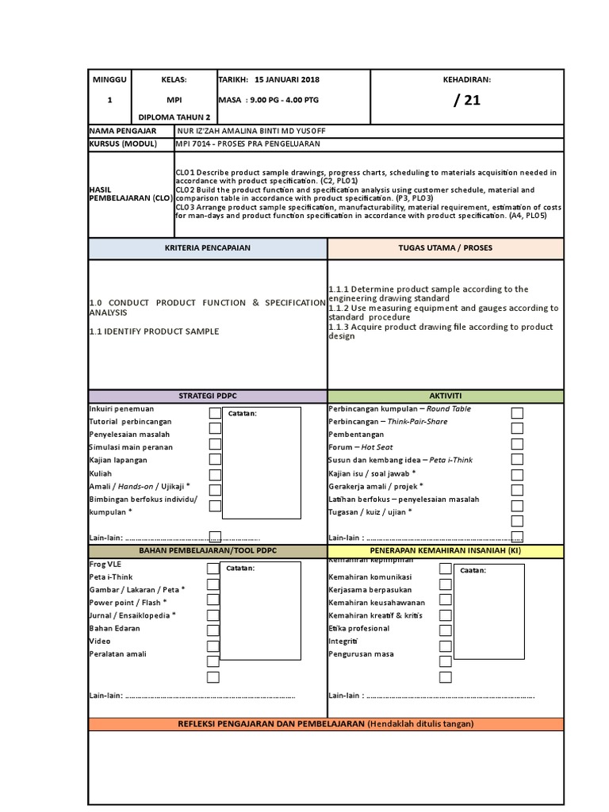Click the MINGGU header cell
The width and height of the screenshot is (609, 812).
point(109,80)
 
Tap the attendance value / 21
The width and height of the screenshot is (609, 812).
point(467,100)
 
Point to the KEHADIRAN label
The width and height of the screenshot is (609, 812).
point(467,80)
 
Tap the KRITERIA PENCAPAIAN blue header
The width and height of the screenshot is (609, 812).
point(207,247)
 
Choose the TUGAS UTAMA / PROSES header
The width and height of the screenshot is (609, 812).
point(445,247)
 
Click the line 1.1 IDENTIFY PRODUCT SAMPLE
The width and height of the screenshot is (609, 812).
point(154,331)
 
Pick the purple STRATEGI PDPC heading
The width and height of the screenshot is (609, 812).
point(207,396)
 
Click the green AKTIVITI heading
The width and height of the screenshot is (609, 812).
point(445,396)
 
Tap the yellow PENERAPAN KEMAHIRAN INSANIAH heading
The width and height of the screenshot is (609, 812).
point(445,550)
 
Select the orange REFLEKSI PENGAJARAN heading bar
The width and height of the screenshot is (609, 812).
point(326,723)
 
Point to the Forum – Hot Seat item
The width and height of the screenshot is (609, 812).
point(360,447)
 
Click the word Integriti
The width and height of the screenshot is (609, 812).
point(344,641)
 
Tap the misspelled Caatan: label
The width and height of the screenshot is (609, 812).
point(473,570)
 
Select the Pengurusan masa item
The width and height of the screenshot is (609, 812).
point(361,654)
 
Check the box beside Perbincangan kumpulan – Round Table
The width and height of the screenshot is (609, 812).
point(517,412)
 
